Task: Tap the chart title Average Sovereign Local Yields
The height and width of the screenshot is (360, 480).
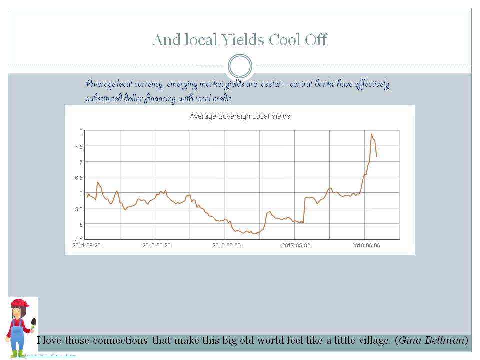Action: [x=240, y=116]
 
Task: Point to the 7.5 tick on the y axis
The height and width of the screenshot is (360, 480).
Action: [x=79, y=146]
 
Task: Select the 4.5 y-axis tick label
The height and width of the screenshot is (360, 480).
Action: [x=79, y=240]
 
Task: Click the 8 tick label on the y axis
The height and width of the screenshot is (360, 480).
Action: [x=81, y=131]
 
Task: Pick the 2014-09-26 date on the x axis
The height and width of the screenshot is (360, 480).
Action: [x=86, y=245]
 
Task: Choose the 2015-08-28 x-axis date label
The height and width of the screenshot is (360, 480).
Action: [x=156, y=245]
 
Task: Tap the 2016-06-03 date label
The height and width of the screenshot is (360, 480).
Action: [x=226, y=245]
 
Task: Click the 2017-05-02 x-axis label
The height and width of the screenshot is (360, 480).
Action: [x=296, y=245]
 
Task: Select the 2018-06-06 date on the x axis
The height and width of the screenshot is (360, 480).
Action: [x=366, y=245]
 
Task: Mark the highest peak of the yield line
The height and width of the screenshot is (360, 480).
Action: [x=371, y=134]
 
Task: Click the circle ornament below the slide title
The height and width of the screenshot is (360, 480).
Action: [x=240, y=66]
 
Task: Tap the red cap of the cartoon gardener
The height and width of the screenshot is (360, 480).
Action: [x=20, y=303]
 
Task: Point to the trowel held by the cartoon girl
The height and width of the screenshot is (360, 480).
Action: [x=33, y=323]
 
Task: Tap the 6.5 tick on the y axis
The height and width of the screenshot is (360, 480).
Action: [x=79, y=177]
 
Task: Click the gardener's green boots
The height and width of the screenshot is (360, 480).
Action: [x=17, y=354]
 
